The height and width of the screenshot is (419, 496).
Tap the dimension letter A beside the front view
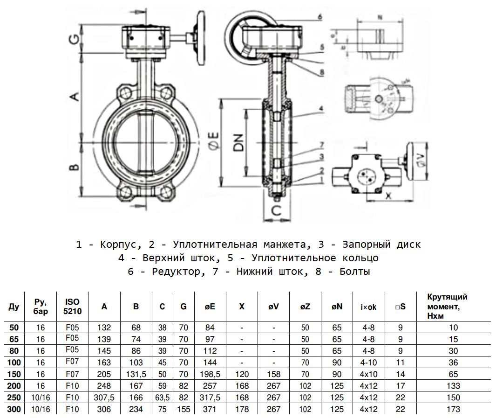tap(74, 97)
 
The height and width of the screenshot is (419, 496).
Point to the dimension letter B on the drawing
tap(74, 167)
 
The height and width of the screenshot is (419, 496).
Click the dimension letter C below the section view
tap(276, 211)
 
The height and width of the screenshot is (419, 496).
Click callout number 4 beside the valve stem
tap(321, 108)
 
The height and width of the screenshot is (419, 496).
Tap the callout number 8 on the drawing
tap(322, 72)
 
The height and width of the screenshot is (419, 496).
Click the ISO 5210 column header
tap(72, 306)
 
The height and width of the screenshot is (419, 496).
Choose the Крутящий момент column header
tap(447, 306)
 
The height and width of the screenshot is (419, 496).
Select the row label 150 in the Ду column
tap(14, 374)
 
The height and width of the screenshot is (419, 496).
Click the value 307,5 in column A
tap(104, 398)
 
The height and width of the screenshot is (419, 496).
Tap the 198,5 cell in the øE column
tap(210, 374)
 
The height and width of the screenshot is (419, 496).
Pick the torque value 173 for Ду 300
tap(453, 409)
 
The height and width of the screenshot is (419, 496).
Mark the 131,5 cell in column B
tap(136, 374)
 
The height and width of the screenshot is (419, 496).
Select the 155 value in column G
tap(183, 409)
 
